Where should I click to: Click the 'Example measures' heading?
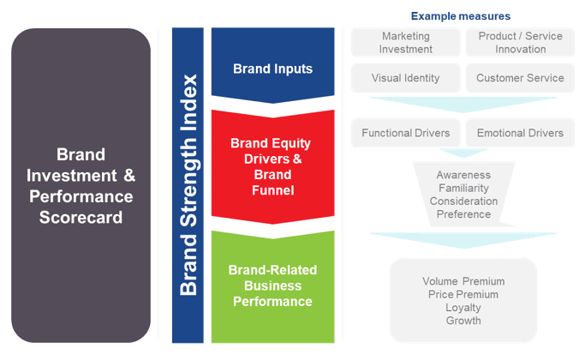click(460, 15)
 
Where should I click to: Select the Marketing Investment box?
click(405, 43)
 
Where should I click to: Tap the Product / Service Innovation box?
click(520, 43)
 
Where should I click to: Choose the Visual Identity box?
click(405, 78)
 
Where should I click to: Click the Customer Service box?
click(520, 78)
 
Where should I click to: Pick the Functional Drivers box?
click(405, 133)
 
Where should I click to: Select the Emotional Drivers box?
click(520, 133)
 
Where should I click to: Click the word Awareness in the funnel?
click(463, 174)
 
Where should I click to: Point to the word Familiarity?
click(463, 188)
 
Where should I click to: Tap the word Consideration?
click(463, 201)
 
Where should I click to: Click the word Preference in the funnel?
click(463, 213)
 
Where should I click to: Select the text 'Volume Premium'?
click(463, 281)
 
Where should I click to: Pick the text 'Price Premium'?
click(463, 294)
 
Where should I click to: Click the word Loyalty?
click(463, 307)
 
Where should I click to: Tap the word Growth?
click(463, 321)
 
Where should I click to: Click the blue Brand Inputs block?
click(272, 67)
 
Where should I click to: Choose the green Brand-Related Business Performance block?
click(272, 285)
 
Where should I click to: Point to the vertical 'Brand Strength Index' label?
click(189, 184)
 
